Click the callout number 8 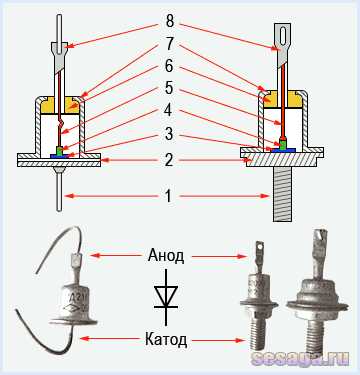[169, 22]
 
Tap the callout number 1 [169, 196]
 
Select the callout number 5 [169, 88]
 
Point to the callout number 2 [169, 161]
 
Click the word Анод [166, 256]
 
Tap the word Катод [166, 340]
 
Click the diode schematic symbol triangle [166, 296]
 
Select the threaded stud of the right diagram [283, 194]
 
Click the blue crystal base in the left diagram [59, 155]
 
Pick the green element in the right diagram [283, 145]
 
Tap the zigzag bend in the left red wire [60, 123]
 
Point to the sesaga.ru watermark [300, 358]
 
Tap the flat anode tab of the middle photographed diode [259, 249]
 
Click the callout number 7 [169, 44]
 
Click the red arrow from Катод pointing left [110, 339]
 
